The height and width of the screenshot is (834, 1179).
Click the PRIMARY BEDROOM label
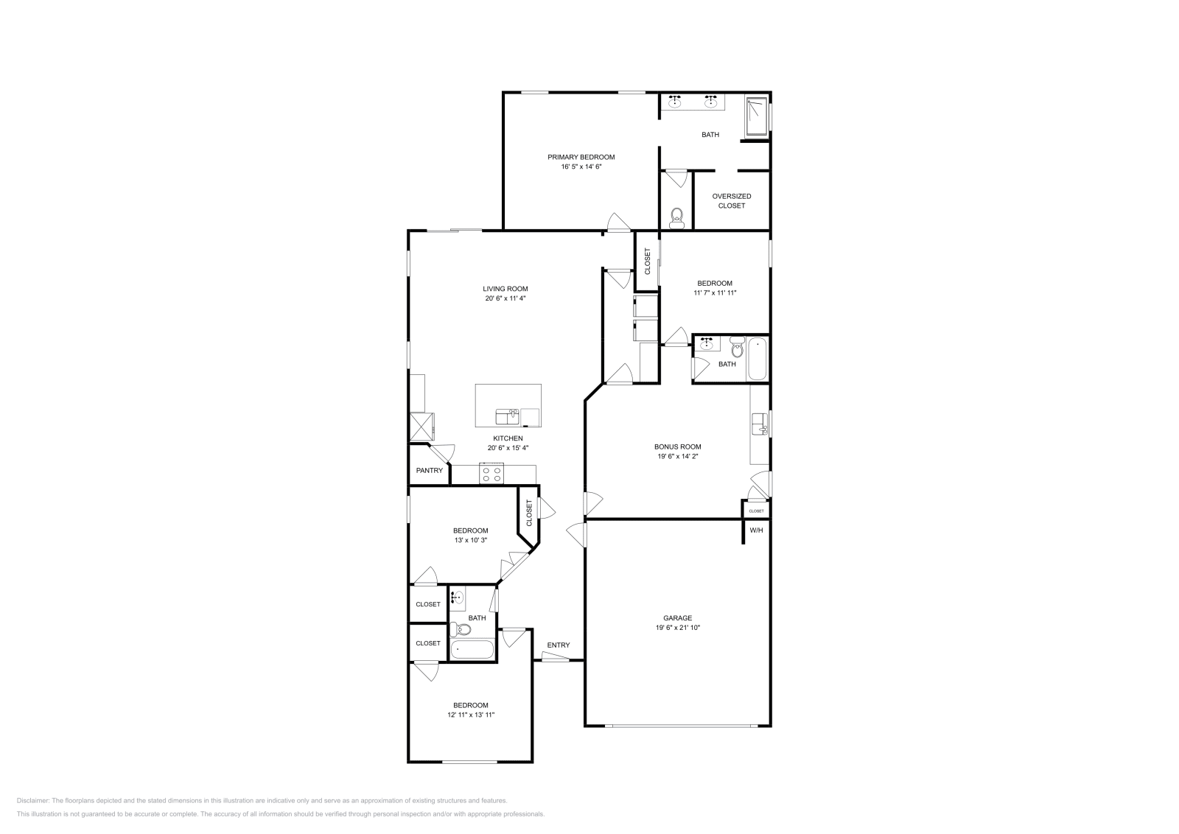[x=581, y=157]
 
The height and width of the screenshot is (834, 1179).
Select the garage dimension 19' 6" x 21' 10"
[x=677, y=628]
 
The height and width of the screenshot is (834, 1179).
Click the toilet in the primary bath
[x=677, y=217]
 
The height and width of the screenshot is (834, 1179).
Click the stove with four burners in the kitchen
[x=491, y=474]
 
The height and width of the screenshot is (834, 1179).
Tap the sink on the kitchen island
[x=507, y=417]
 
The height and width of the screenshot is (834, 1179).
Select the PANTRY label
[x=430, y=470]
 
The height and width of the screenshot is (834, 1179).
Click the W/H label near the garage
[x=756, y=530]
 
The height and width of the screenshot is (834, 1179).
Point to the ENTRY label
[x=558, y=645]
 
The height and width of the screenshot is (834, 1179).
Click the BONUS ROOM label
[x=677, y=446]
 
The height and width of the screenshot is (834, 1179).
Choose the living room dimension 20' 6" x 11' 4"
[x=505, y=298]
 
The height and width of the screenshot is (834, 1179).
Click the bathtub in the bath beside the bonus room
[x=758, y=359]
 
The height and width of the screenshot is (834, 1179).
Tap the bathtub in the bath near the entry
[x=472, y=651]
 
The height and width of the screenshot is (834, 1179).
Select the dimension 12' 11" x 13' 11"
[x=470, y=715]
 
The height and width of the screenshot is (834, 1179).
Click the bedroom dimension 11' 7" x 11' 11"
[x=715, y=292]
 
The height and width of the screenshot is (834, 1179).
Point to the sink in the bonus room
[x=759, y=424]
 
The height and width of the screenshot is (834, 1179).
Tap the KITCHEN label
[x=508, y=438]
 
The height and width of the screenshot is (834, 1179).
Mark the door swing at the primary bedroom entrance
[x=618, y=222]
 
